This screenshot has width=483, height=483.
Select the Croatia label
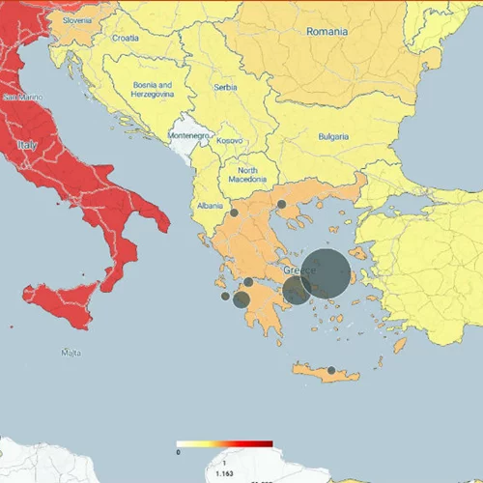point(126,39)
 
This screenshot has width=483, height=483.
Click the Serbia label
point(226,87)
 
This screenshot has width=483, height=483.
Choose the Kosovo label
point(230,141)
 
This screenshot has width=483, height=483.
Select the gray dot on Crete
point(331,370)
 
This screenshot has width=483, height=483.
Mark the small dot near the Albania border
point(234,213)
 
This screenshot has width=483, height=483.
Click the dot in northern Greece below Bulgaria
point(281,204)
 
